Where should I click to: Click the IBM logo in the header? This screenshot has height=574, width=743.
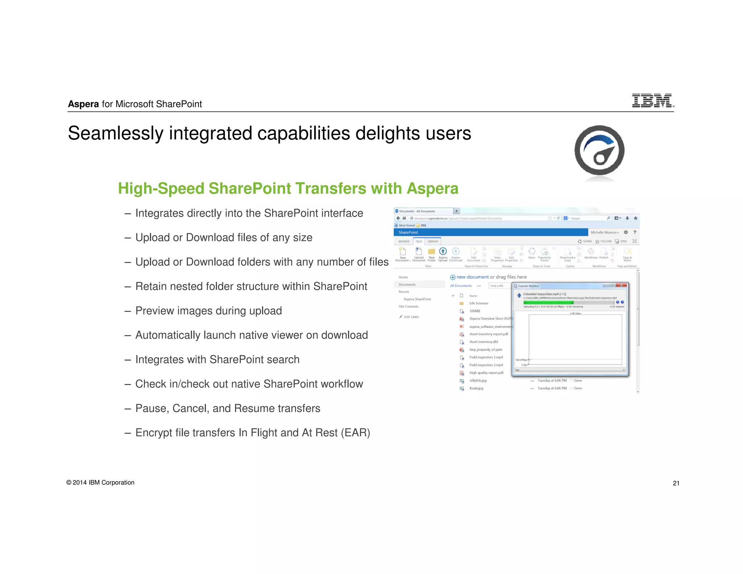tap(652, 101)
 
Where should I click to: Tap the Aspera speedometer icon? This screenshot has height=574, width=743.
tap(599, 151)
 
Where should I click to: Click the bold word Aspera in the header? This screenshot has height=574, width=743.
tap(83, 104)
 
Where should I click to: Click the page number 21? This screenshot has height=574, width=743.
tap(676, 483)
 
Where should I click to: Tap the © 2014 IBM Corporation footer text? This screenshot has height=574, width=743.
tap(100, 483)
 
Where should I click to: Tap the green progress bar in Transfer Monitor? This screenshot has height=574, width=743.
tap(548, 302)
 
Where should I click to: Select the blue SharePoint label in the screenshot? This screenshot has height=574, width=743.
tap(408, 233)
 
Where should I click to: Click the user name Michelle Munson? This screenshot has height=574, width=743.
tap(604, 233)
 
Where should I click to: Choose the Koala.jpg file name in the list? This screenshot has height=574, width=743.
tap(476, 388)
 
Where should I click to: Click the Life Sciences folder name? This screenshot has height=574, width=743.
tap(479, 303)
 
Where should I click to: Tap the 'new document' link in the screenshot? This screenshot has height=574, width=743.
tap(472, 277)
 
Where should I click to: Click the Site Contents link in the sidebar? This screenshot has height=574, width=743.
tap(408, 307)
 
